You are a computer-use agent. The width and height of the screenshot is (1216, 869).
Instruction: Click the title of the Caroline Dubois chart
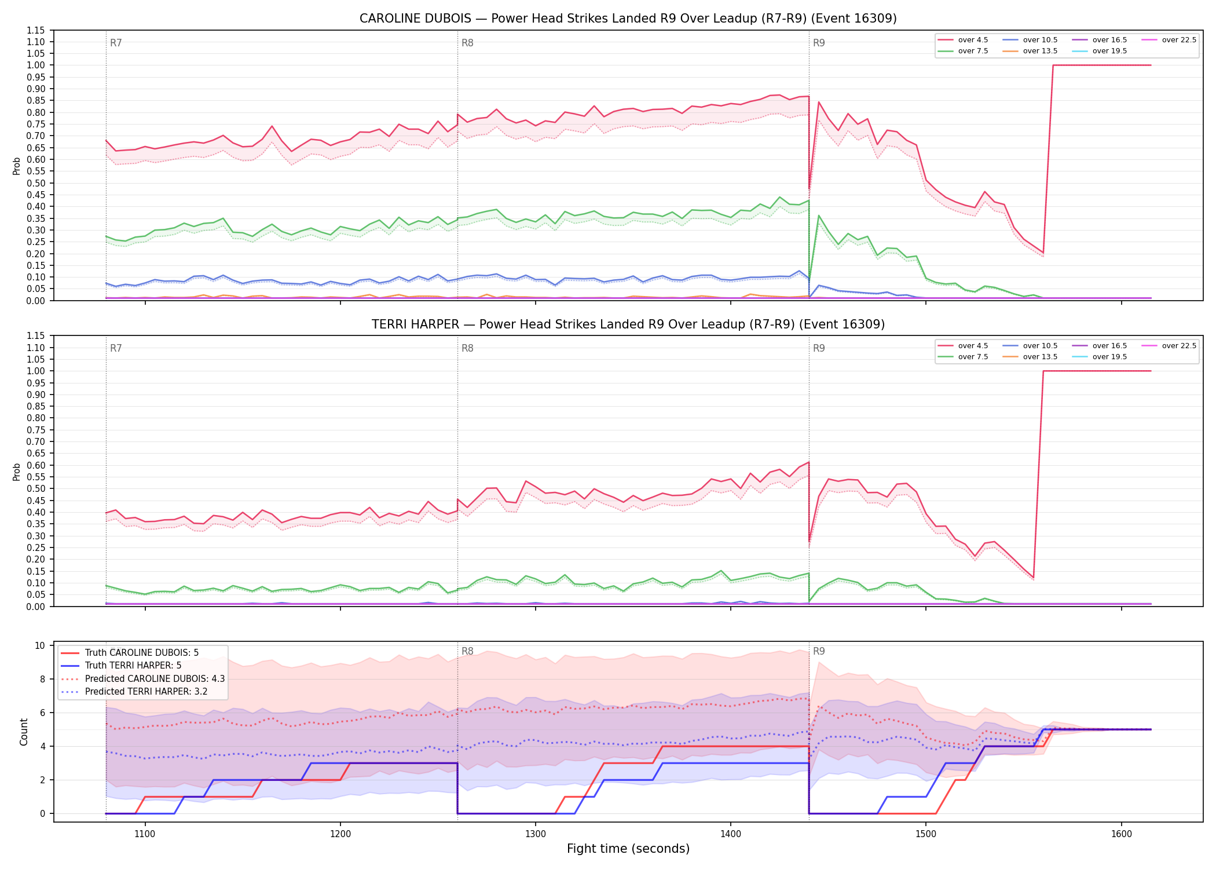click(628, 19)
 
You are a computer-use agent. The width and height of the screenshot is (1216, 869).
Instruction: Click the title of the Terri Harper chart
click(628, 324)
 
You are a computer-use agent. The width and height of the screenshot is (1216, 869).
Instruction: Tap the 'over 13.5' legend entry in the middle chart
click(1030, 357)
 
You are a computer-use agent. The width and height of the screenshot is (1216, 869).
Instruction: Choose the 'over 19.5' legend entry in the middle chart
click(1100, 357)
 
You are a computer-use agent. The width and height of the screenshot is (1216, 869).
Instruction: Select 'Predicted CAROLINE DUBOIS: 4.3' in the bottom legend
click(142, 678)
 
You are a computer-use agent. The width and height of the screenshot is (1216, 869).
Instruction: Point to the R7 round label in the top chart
click(116, 43)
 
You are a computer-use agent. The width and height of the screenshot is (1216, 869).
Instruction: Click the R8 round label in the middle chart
click(467, 348)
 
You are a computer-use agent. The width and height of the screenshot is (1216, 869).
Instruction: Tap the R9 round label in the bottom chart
click(819, 651)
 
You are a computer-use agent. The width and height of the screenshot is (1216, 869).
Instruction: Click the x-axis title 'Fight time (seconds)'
click(628, 849)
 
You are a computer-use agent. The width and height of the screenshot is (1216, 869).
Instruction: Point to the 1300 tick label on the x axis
click(536, 834)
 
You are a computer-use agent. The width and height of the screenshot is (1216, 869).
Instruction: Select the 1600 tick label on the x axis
click(1122, 834)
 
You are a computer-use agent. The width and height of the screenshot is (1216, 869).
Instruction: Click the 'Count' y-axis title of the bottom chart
click(24, 732)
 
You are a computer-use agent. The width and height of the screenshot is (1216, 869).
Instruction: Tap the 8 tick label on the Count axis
click(43, 679)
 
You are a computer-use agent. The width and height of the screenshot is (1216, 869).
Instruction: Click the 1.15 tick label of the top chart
click(36, 30)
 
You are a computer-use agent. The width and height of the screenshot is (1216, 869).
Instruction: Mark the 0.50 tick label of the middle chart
click(36, 488)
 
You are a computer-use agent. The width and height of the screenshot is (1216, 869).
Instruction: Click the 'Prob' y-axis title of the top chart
click(17, 166)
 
